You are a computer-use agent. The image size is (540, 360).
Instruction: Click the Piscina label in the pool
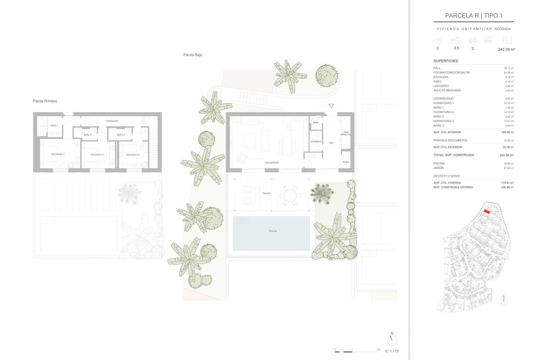(273, 231)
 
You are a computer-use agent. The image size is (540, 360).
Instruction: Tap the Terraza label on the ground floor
(266, 193)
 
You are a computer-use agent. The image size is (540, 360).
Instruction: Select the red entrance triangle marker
(331, 106)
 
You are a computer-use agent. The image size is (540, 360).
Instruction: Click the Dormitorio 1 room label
(58, 154)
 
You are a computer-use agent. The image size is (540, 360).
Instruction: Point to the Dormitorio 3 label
(132, 155)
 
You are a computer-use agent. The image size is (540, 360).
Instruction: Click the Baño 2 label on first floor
(87, 135)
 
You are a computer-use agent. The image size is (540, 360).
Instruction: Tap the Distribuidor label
(112, 121)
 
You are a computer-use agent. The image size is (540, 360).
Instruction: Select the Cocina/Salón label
(271, 163)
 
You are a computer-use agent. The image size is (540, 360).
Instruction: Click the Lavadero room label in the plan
(316, 141)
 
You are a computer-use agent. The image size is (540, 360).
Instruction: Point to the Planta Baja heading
(192, 55)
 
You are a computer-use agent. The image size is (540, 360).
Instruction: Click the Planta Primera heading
(45, 101)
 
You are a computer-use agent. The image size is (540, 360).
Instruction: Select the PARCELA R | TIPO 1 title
(474, 16)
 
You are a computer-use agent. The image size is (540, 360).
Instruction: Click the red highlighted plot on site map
(487, 212)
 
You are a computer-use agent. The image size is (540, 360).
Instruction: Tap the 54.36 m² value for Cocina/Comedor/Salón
(508, 73)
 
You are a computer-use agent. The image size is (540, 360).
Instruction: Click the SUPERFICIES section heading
(445, 61)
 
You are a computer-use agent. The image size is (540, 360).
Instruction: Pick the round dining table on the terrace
(290, 195)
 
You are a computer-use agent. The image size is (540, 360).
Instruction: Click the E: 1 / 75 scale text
(392, 351)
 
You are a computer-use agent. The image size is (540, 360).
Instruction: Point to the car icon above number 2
(472, 41)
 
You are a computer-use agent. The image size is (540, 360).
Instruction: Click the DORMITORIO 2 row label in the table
(444, 112)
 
